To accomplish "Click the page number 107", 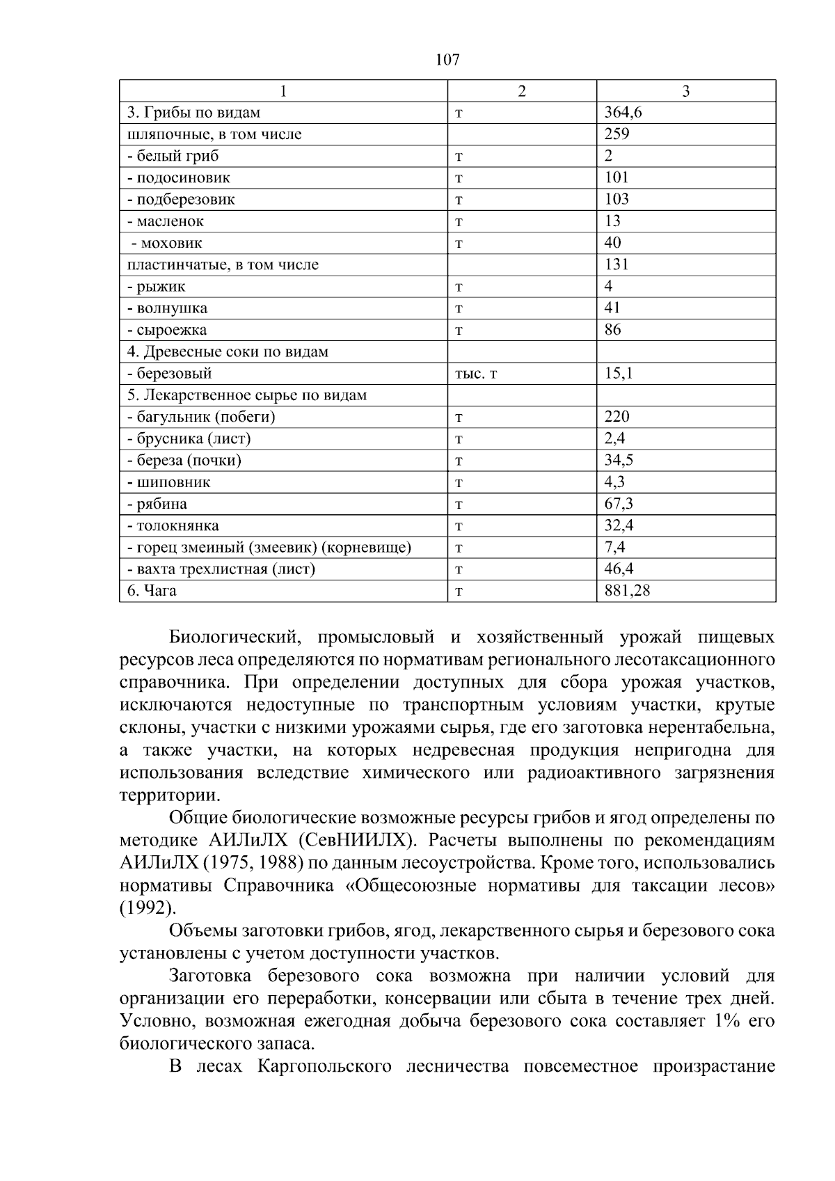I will click(x=447, y=60).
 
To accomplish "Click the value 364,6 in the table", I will click(x=623, y=113).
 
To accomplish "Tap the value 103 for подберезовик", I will click(x=617, y=199).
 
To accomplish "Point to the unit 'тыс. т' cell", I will click(x=476, y=374).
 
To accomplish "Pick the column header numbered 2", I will click(x=522, y=91).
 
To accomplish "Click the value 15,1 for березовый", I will click(x=619, y=373).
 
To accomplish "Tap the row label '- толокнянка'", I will click(x=173, y=525).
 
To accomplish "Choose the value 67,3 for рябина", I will click(x=619, y=503).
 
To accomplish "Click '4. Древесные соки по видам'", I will click(x=228, y=351).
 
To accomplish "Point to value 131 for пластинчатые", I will click(x=617, y=264).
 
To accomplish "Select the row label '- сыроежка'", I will click(x=167, y=330).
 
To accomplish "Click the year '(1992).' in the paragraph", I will click(x=148, y=908).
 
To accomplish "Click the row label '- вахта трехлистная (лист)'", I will click(x=221, y=569).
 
